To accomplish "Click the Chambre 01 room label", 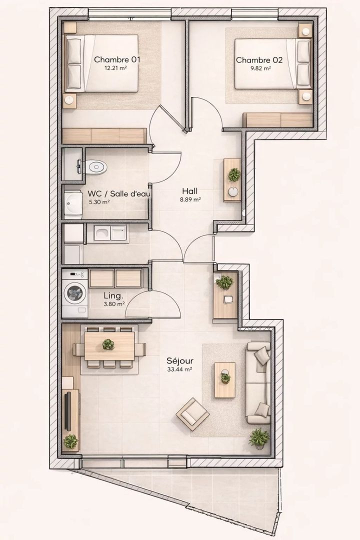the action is pos(117,59).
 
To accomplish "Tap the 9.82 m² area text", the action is pos(260,68).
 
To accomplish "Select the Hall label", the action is pos(190,191).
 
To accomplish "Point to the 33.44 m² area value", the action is pos(179,369).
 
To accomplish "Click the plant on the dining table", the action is pos(108,344).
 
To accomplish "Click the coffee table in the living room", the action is pos(225,380).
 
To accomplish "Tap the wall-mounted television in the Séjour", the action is pos(68,411).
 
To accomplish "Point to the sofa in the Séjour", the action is pos(258,382).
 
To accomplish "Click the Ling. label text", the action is pos(113,296).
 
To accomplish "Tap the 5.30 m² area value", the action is pos(99,202).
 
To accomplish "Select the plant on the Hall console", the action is pos(234,174).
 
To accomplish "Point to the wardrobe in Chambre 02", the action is pos(278,120).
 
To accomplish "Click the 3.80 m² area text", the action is pos(114,304).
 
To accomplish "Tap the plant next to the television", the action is pos(70,441).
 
